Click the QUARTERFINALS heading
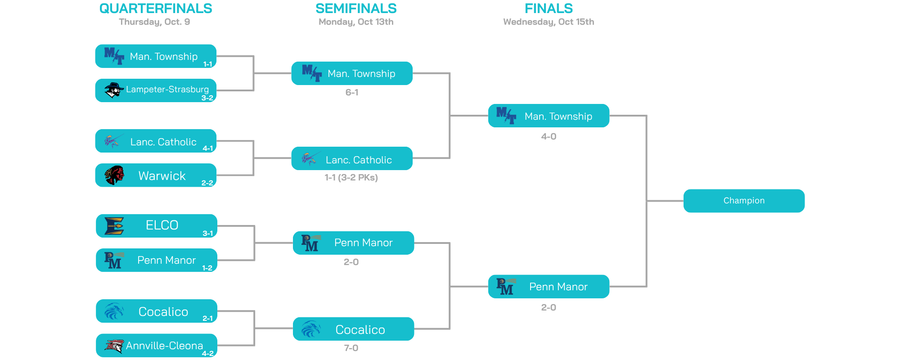(x=156, y=9)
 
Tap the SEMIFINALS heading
(x=356, y=9)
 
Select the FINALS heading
(x=549, y=9)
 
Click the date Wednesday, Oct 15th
(x=549, y=22)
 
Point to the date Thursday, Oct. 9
(x=154, y=22)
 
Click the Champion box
(x=744, y=201)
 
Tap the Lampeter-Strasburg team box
(x=156, y=90)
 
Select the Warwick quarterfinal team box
(x=156, y=175)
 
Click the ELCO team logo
(x=114, y=226)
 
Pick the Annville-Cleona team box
(x=157, y=345)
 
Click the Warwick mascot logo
(x=114, y=175)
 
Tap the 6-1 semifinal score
(x=352, y=93)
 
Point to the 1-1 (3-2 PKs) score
(x=351, y=178)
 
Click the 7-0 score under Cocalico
(x=351, y=348)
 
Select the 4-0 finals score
(x=549, y=137)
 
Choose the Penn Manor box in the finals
(x=549, y=287)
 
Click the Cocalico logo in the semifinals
(x=310, y=329)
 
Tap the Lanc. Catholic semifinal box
(x=352, y=158)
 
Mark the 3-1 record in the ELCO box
(x=207, y=234)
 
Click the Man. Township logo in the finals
(x=506, y=115)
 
